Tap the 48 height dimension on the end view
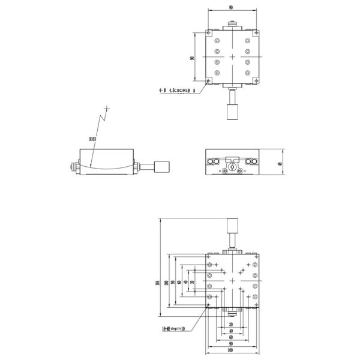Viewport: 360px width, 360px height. pos(280,163)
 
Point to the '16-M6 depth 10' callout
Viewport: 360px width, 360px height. pos(173,329)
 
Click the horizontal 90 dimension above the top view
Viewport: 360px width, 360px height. pos(232,7)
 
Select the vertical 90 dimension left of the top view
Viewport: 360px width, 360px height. pos(191,58)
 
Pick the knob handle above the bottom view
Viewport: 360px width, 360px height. pos(232,229)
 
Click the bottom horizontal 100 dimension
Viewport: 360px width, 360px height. pos(232,350)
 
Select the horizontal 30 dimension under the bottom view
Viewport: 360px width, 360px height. pos(232,324)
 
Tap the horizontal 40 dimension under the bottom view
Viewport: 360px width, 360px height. pos(232,331)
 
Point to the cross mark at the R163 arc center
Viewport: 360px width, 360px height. pos(107,109)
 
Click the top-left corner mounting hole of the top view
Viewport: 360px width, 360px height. pos(208,32)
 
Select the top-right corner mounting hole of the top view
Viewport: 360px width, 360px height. pos(255,32)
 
